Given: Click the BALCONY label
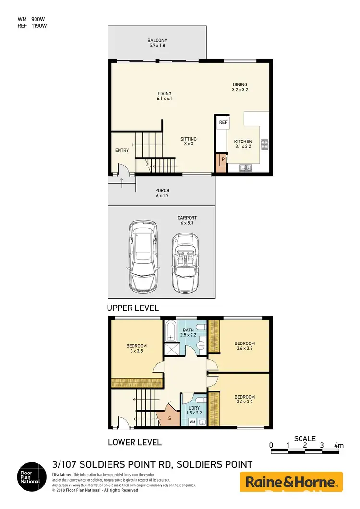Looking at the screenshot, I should point(156,40).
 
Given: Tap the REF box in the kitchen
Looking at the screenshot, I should point(223,122).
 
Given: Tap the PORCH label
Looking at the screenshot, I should point(162,191).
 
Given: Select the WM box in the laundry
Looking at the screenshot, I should point(192,422).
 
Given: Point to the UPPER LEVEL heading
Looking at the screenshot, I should point(133,308).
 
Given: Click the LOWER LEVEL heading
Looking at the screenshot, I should point(134,442).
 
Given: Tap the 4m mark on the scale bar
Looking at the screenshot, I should point(339,446).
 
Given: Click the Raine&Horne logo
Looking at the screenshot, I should point(291,482).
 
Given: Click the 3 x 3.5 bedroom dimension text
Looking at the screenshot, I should point(136,351).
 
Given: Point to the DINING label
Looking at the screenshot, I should point(240,84).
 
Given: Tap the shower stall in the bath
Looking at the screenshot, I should point(171,349).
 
